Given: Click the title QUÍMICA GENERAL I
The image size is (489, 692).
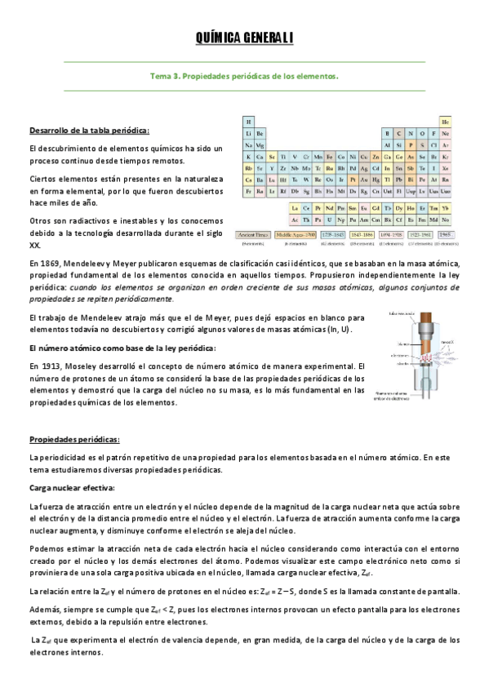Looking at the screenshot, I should pyautogui.click(x=244, y=38).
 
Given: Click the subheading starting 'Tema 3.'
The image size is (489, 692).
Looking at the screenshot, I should pyautogui.click(x=244, y=76).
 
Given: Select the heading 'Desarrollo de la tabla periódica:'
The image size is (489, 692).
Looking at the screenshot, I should pyautogui.click(x=89, y=131).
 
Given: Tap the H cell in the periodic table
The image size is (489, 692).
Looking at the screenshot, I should pyautogui.click(x=248, y=121).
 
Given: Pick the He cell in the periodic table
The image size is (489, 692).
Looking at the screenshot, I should pyautogui.click(x=446, y=121).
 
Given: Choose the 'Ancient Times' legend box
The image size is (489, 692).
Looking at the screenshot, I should pyautogui.click(x=252, y=234).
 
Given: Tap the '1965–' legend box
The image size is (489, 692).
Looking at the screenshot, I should pyautogui.click(x=444, y=234).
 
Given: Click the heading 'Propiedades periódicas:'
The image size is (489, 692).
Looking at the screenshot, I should pyautogui.click(x=74, y=438).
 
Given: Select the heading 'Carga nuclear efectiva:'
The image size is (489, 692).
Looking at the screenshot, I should pyautogui.click(x=73, y=489).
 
